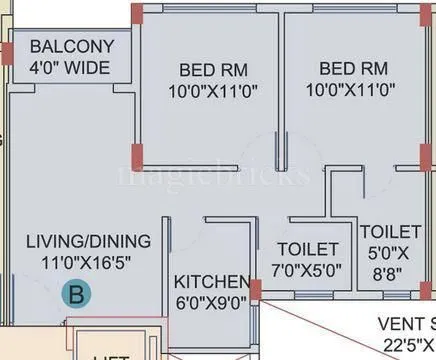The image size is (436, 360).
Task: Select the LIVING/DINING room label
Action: pyautogui.click(x=89, y=241)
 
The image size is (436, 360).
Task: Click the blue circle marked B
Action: pyautogui.click(x=75, y=294)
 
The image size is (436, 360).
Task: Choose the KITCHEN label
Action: pyautogui.click(x=211, y=280)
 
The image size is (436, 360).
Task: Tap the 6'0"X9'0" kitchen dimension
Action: pyautogui.click(x=211, y=301)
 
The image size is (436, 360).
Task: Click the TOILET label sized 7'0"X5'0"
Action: pyautogui.click(x=306, y=249)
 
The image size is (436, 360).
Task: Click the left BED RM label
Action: pyautogui.click(x=214, y=70)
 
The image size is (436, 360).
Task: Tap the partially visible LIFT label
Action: pyautogui.click(x=112, y=356)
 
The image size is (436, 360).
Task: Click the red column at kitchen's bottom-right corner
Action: pyautogui.click(x=256, y=291)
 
